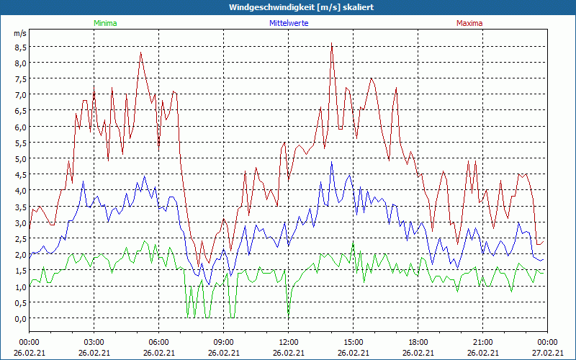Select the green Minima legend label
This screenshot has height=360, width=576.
pyautogui.click(x=104, y=23)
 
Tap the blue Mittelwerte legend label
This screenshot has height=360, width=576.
pyautogui.click(x=289, y=23)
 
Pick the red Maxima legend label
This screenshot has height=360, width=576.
pyautogui.click(x=469, y=23)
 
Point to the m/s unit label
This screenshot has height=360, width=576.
pyautogui.click(x=19, y=34)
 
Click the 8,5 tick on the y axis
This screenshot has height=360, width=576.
pyautogui.click(x=20, y=47)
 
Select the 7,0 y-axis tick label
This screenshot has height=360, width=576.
pyautogui.click(x=20, y=94)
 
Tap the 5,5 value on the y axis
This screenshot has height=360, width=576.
pyautogui.click(x=20, y=143)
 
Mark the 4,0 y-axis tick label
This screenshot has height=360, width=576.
pyautogui.click(x=20, y=191)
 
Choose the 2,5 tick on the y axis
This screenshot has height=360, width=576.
pyautogui.click(x=20, y=238)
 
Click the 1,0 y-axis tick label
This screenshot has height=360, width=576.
pyautogui.click(x=20, y=287)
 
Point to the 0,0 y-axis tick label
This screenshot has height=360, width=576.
pyautogui.click(x=20, y=318)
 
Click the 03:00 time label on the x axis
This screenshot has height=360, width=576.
pyautogui.click(x=94, y=342)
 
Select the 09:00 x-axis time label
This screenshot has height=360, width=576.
pyautogui.click(x=223, y=342)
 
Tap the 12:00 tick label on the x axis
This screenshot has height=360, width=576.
pyautogui.click(x=288, y=342)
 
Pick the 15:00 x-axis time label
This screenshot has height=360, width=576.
pyautogui.click(x=353, y=342)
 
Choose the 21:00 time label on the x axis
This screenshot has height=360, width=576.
pyautogui.click(x=482, y=342)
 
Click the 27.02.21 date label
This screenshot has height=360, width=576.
pyautogui.click(x=547, y=353)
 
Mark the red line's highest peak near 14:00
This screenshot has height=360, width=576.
pyautogui.click(x=331, y=43)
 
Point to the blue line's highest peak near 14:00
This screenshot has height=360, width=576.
pyautogui.click(x=332, y=162)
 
